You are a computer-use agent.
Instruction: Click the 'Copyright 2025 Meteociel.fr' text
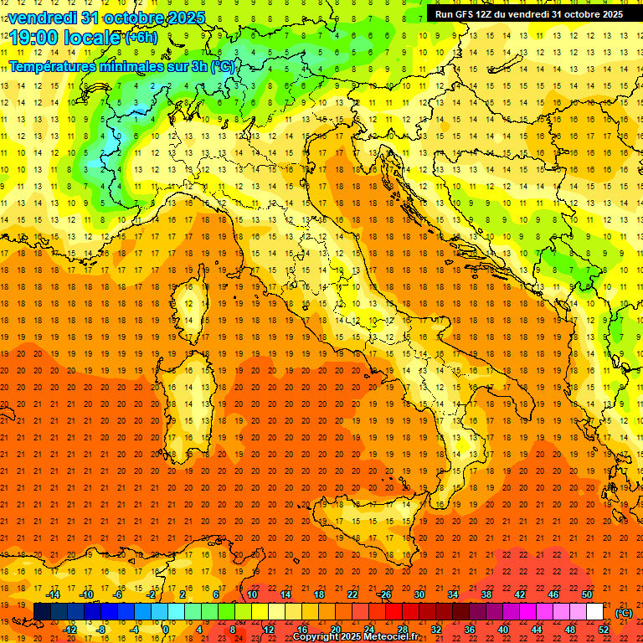pos(356,636)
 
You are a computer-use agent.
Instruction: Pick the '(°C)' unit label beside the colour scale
pos(624,612)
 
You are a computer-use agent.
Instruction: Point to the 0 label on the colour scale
pos(166,630)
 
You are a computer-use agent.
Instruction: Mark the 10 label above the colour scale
pos(252,594)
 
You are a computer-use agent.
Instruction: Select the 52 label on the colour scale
pos(604,630)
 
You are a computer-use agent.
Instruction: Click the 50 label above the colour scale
pos(587,594)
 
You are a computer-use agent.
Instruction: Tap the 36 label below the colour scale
pos(470,630)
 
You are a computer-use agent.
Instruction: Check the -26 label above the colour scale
pos(384,594)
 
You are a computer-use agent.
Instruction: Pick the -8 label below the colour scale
pos(100,630)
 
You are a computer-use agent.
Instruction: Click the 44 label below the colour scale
pos(537,630)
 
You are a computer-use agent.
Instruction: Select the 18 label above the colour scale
pos(319,594)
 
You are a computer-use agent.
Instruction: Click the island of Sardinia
pos(185,394)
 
